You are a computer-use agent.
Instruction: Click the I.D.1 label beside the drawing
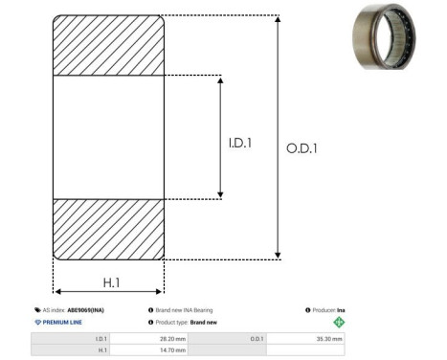(x=240, y=143)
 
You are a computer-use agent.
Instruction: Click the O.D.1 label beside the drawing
(x=302, y=148)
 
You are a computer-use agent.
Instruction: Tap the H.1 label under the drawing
(x=111, y=282)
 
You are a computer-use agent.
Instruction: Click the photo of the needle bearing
(x=384, y=35)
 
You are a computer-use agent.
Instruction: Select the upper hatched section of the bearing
(x=108, y=45)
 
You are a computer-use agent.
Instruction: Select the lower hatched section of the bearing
(x=108, y=230)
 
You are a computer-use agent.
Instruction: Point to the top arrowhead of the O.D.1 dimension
(x=278, y=19)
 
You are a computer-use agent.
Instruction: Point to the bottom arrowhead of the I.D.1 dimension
(x=220, y=194)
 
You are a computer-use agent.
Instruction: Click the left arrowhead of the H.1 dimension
(x=58, y=291)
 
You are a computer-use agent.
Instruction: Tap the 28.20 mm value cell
(x=149, y=339)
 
